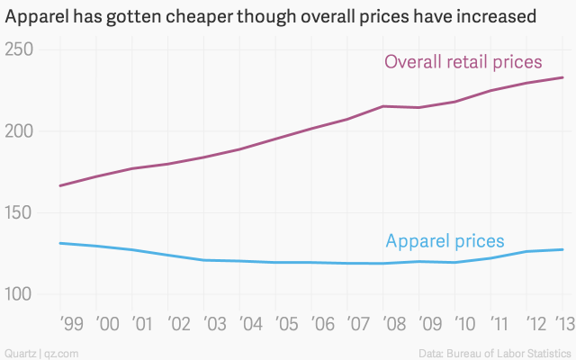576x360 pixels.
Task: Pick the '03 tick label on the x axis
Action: [x=215, y=324]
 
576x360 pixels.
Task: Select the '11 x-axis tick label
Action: [x=497, y=324]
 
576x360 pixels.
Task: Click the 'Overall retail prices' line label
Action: [x=463, y=62]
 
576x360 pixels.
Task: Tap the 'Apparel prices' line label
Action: [x=445, y=241]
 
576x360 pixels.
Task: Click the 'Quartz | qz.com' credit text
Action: [x=41, y=351]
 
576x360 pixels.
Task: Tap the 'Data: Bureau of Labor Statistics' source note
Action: [x=495, y=351]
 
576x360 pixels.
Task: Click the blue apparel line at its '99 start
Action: [x=60, y=243]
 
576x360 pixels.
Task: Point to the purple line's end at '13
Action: [x=563, y=77]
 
